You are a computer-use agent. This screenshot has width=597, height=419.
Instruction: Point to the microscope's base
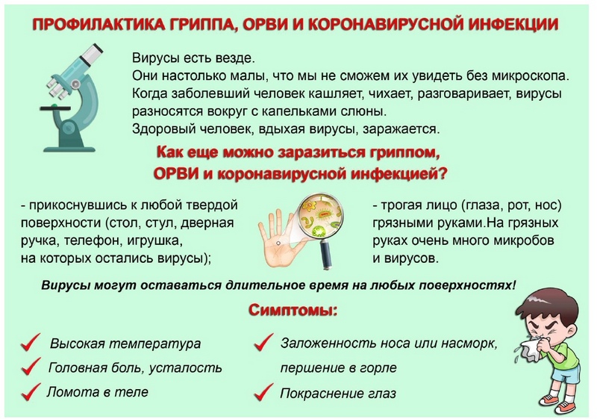pyautogui.click(x=69, y=149)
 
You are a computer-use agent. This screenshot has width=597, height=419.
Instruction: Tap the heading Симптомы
pyautogui.click(x=293, y=311)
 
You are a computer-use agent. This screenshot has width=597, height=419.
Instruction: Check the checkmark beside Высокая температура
pyautogui.click(x=31, y=342)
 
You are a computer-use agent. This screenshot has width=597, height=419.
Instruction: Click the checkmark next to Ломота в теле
pyautogui.click(x=31, y=391)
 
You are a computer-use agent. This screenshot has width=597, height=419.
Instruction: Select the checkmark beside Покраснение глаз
pyautogui.click(x=263, y=392)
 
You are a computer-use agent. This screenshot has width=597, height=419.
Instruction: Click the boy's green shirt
pyautogui.click(x=562, y=356)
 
